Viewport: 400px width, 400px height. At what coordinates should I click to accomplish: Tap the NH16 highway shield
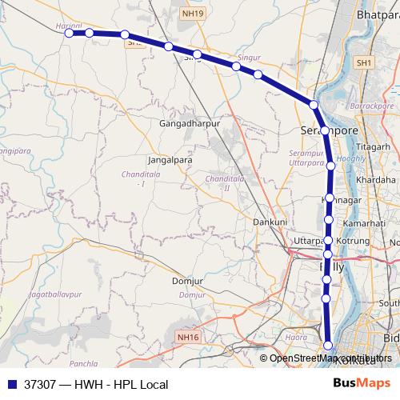click(189, 337)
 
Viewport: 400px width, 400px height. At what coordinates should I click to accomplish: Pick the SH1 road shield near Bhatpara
click(365, 62)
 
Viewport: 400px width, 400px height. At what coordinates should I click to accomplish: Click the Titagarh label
click(374, 147)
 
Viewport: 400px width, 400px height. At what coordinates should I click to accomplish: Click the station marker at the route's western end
click(70, 33)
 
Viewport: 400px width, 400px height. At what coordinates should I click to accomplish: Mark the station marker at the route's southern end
click(327, 346)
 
